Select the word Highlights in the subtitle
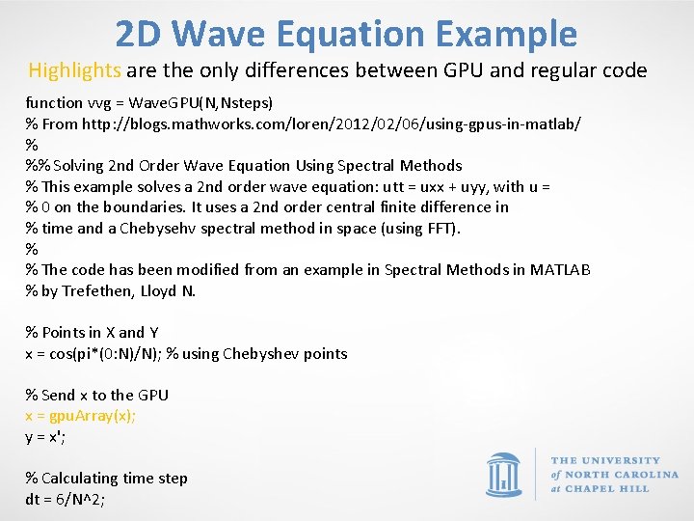pyautogui.click(x=75, y=70)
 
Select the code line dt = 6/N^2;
pyautogui.click(x=65, y=500)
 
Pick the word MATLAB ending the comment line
pyautogui.click(x=560, y=270)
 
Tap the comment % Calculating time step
pyautogui.click(x=106, y=479)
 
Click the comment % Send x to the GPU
pyautogui.click(x=96, y=395)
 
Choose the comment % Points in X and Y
pyautogui.click(x=92, y=332)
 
